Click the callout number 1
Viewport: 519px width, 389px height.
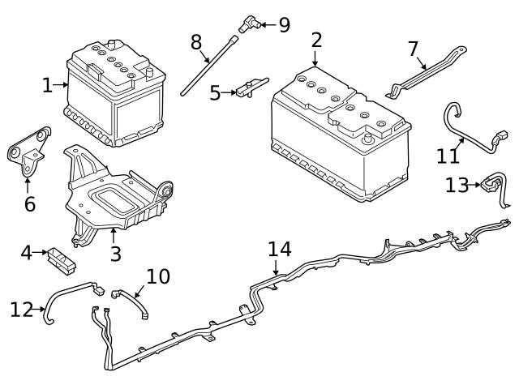click(48, 85)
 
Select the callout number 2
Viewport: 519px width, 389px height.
click(316, 41)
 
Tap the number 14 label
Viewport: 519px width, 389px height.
click(279, 249)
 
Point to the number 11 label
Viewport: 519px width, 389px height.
click(448, 156)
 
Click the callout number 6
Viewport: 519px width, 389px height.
click(30, 203)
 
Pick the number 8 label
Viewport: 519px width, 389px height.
click(196, 42)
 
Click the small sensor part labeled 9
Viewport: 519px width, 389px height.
click(250, 24)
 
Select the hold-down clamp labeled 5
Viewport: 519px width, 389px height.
click(251, 88)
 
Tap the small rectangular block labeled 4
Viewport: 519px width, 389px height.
click(62, 260)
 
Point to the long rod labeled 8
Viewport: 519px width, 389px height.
click(209, 66)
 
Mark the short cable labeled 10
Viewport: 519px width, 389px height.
click(131, 302)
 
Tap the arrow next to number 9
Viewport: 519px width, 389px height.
click(268, 24)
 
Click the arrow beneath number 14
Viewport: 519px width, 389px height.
click(276, 267)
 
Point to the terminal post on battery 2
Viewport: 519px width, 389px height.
click(367, 139)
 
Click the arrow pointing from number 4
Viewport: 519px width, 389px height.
click(41, 252)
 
